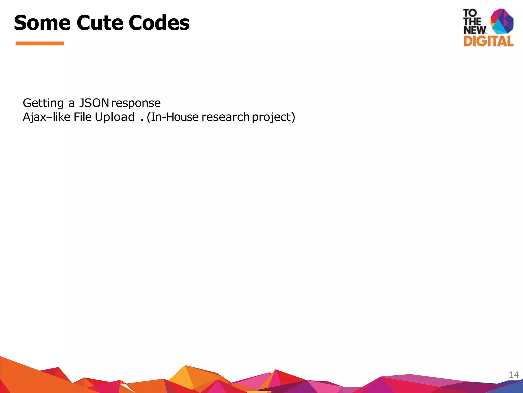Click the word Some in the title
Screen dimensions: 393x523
click(x=42, y=23)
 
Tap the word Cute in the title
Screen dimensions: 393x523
click(x=99, y=23)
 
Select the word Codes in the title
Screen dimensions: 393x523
click(x=159, y=23)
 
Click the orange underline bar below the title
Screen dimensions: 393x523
click(x=40, y=43)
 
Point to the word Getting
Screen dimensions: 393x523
click(x=43, y=103)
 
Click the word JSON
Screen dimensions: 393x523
click(x=94, y=103)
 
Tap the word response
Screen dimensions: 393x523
click(x=136, y=103)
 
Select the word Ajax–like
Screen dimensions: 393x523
click(x=46, y=117)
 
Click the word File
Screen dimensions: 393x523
click(x=82, y=117)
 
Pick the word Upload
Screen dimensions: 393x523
click(x=115, y=117)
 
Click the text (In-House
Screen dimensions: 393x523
click(x=173, y=117)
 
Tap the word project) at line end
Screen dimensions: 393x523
click(x=274, y=117)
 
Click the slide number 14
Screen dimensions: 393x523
click(x=514, y=375)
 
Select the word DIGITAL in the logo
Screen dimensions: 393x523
click(x=488, y=41)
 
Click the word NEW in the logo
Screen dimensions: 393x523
click(x=475, y=30)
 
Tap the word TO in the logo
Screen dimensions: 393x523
click(x=470, y=13)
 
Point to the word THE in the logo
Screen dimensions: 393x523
click(x=472, y=21)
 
